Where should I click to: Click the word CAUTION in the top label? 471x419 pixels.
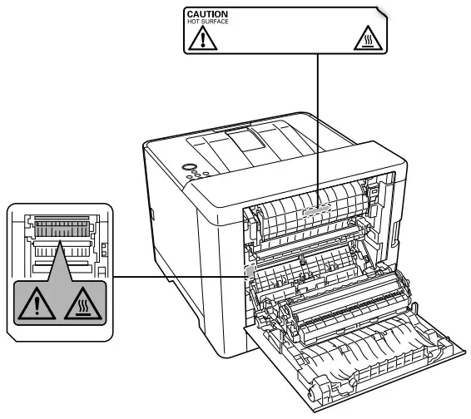click(206, 14)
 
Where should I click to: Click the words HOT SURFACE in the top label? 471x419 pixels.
click(205, 22)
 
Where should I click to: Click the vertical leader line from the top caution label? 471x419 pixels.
click(320, 125)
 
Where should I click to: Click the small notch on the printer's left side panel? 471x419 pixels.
click(154, 214)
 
